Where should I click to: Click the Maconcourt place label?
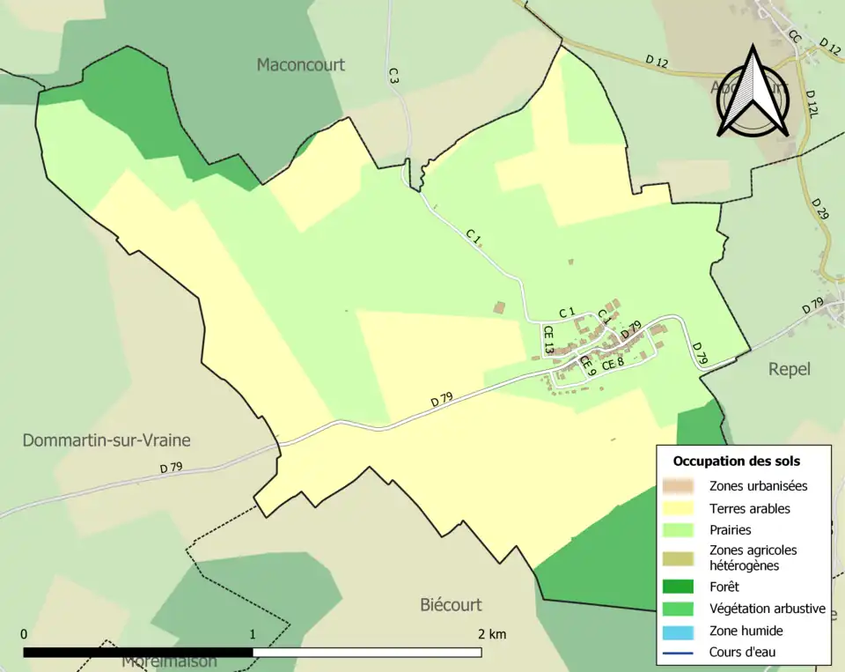point(300,65)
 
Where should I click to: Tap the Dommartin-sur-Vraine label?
point(107,439)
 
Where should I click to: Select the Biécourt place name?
point(451,605)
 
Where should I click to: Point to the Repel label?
point(789,369)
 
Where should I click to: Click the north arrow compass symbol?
point(753,92)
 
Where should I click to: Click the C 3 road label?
point(393,76)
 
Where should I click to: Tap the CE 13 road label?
point(547,341)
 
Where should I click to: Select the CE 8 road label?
point(613,361)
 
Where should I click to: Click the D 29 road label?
point(820,209)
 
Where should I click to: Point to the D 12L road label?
point(812,103)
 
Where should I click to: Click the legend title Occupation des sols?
point(737,461)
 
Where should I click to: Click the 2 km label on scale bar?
point(492,634)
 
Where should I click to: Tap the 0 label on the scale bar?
point(24,634)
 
